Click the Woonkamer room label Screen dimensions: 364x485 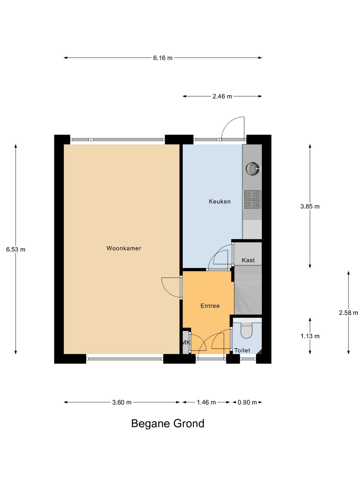point(124,248)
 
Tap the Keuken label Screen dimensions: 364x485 point(220,202)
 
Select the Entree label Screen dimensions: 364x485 point(210,306)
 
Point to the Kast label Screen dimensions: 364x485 point(248,260)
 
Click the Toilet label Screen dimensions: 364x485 point(242,350)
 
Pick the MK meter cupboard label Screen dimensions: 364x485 point(186,343)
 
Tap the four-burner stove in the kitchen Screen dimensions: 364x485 point(252,199)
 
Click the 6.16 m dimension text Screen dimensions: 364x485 point(163,58)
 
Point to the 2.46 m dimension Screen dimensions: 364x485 point(222,96)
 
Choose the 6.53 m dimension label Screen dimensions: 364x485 point(16,249)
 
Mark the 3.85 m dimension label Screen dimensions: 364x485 point(310,206)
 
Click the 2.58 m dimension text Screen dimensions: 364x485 point(348,313)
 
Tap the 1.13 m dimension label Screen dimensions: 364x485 point(310,336)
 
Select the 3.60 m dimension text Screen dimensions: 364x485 point(122,402)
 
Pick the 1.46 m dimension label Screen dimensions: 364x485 point(206,402)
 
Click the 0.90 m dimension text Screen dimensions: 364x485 point(247,402)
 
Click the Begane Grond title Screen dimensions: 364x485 point(168,424)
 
